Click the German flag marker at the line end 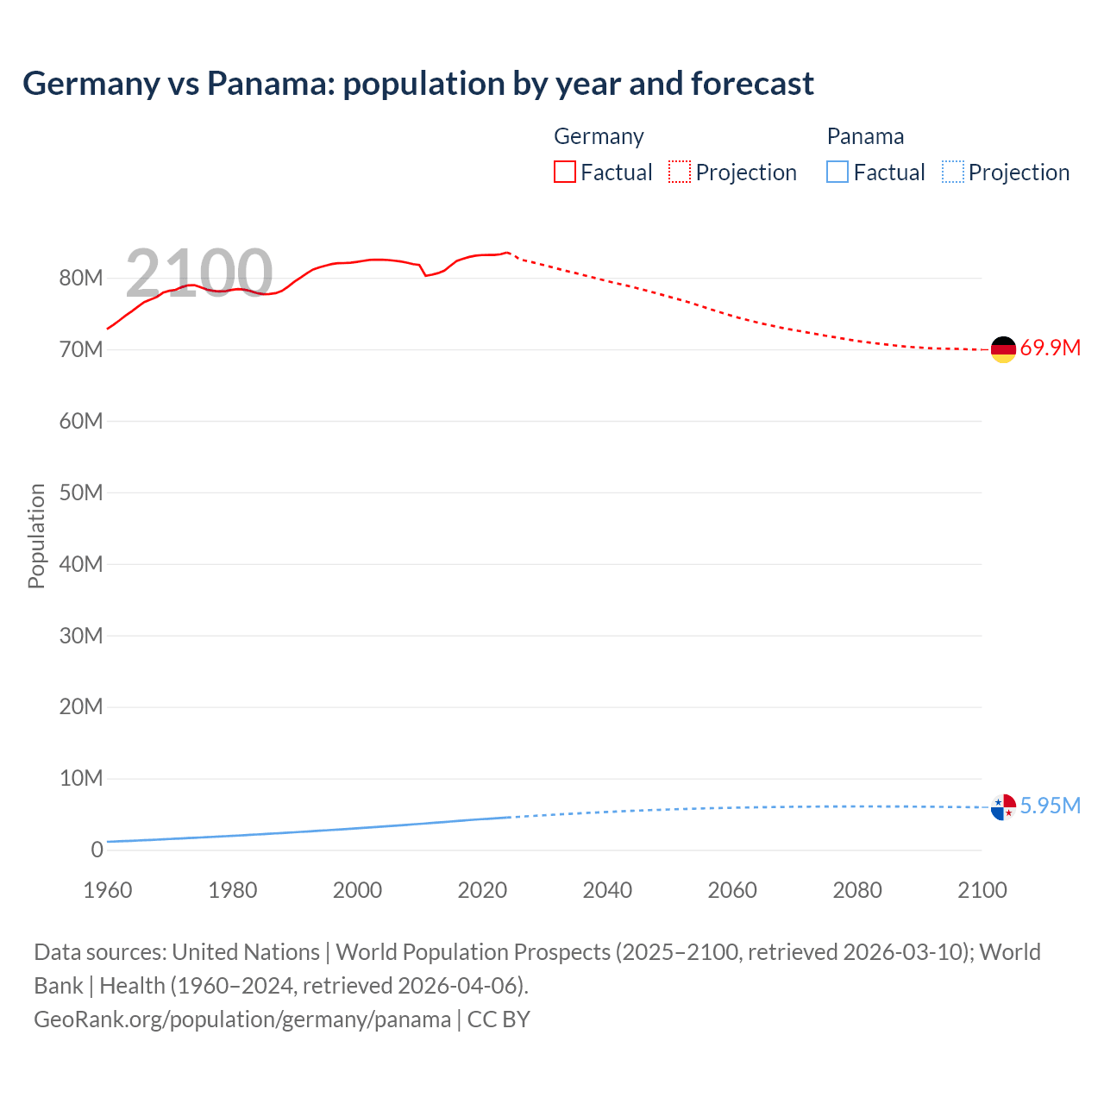[1003, 349]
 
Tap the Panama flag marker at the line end [1003, 807]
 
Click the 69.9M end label [1050, 348]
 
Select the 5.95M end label [1050, 806]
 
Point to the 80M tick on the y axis [81, 278]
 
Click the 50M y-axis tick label [81, 492]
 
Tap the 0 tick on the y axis [97, 850]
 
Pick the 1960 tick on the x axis [108, 890]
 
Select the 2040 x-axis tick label [607, 890]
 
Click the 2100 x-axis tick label [982, 890]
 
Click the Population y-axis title [36, 536]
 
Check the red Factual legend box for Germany [564, 172]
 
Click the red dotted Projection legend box [680, 172]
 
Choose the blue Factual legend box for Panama [837, 172]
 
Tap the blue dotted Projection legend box [952, 172]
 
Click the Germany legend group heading [599, 136]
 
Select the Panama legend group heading [865, 136]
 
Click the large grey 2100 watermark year [199, 273]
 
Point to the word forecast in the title [752, 84]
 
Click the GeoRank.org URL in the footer [242, 1019]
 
